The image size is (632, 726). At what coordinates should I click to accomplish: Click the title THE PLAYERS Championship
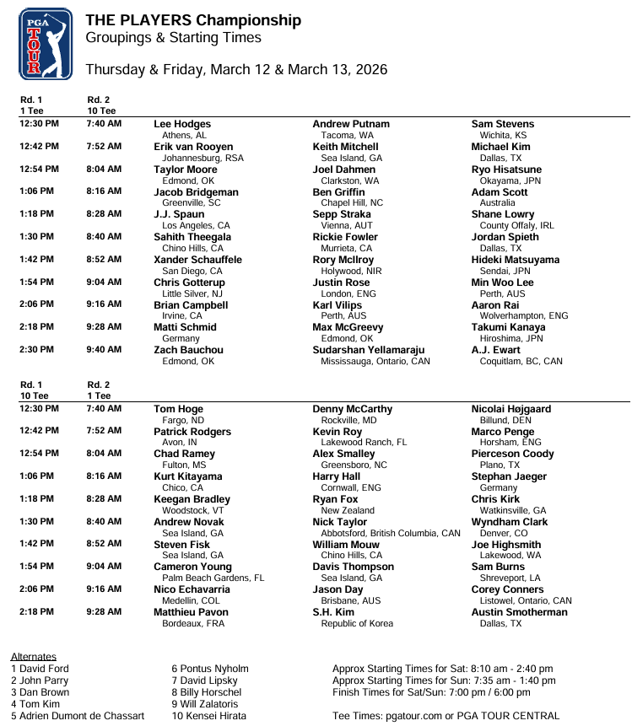click(192, 20)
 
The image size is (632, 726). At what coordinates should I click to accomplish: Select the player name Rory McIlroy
click(343, 261)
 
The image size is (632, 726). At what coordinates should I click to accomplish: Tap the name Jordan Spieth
click(505, 238)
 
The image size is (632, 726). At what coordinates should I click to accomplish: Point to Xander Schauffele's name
click(197, 261)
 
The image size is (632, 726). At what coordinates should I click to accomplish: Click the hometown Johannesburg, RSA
click(203, 158)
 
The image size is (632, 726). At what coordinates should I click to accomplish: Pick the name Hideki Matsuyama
click(515, 261)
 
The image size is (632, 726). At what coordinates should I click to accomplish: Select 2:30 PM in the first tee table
click(39, 350)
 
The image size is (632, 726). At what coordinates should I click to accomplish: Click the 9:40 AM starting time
click(104, 350)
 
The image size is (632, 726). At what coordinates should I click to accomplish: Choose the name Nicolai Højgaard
click(510, 409)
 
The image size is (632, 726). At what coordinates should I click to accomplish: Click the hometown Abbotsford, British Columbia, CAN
click(391, 533)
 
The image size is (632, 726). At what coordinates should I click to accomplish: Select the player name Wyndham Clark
click(509, 522)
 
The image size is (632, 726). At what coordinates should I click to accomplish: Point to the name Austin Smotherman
click(519, 612)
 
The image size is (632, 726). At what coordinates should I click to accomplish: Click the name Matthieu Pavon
click(191, 612)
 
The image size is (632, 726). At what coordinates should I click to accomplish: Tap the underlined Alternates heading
click(34, 656)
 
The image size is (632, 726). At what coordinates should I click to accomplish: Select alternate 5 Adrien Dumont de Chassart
click(78, 716)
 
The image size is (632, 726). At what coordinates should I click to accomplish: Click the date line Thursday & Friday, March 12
click(236, 69)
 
